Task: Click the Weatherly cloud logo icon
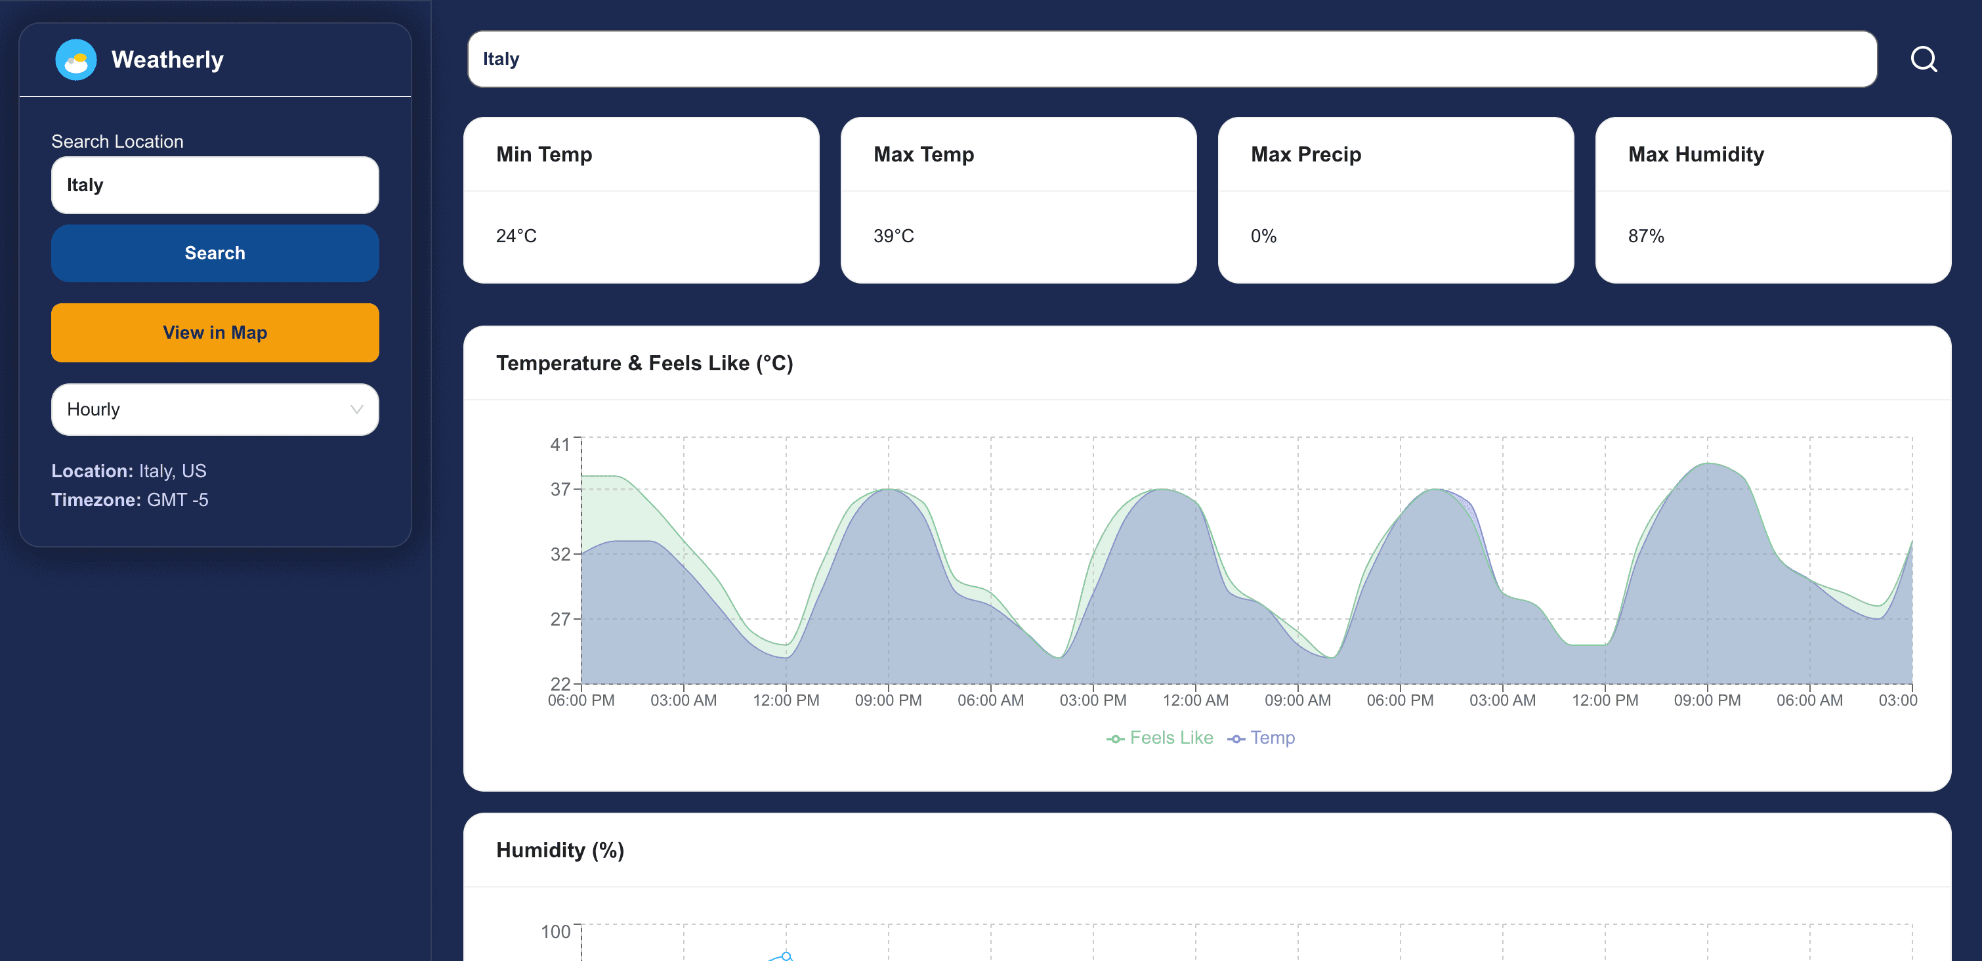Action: (75, 59)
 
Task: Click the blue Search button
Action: (215, 253)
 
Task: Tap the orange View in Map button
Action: (215, 332)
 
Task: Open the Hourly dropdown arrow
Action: (356, 410)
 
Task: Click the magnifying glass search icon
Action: (1923, 59)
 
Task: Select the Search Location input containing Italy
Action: (215, 184)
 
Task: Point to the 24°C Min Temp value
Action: (517, 236)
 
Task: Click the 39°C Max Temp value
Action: (893, 236)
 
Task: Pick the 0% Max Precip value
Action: (1263, 236)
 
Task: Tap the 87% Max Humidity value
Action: (1646, 236)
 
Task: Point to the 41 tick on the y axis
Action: (560, 444)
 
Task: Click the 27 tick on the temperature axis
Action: (560, 618)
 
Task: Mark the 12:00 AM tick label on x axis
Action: (1195, 700)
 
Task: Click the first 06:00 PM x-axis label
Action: (581, 700)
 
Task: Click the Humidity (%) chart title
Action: (559, 850)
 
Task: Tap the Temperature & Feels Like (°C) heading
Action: (644, 363)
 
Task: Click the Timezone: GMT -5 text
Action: (130, 500)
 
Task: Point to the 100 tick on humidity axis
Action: (555, 931)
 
